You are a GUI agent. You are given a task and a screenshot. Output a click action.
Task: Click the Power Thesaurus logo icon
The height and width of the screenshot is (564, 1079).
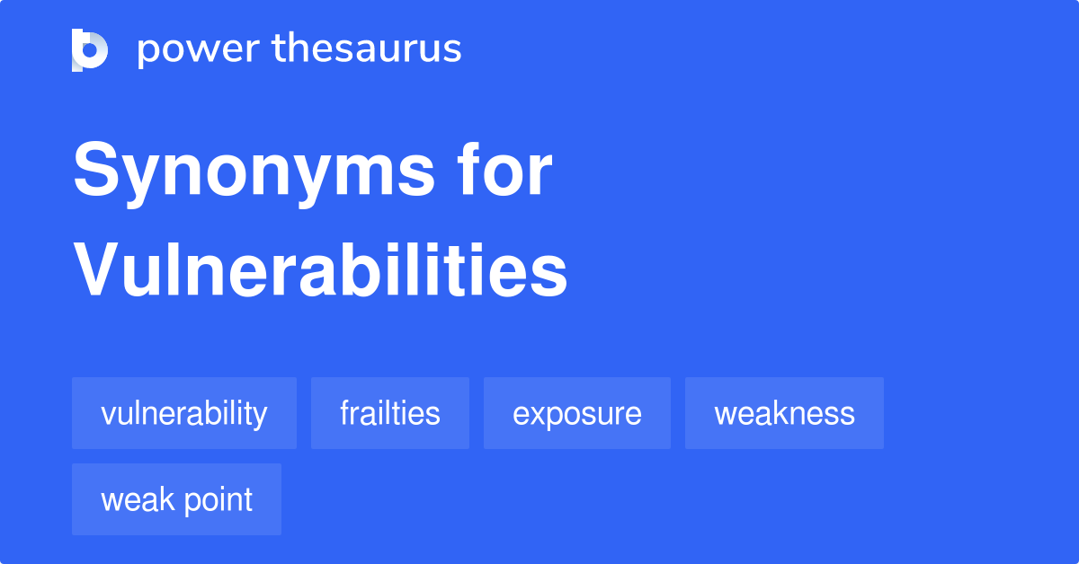(x=90, y=50)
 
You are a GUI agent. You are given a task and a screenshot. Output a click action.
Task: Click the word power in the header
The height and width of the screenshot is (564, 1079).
(x=199, y=50)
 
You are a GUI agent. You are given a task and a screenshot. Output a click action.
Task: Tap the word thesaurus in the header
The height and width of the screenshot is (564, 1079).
(x=367, y=48)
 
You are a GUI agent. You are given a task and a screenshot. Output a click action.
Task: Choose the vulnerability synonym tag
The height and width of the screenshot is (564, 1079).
(x=184, y=413)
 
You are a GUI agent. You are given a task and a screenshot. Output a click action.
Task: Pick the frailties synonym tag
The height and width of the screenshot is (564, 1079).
(x=390, y=413)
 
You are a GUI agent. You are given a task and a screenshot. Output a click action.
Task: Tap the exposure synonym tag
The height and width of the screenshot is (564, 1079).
(x=577, y=413)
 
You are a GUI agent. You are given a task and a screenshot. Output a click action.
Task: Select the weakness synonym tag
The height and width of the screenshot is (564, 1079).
(x=784, y=413)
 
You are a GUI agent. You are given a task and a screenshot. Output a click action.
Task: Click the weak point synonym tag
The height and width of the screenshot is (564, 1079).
(x=176, y=499)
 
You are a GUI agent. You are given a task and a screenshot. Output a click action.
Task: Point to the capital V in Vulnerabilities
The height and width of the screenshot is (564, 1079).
(x=99, y=269)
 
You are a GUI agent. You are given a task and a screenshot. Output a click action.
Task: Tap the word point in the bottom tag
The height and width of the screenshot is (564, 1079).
(x=218, y=500)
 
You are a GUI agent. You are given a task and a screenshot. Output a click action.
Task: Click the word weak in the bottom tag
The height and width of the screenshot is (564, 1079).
(x=138, y=499)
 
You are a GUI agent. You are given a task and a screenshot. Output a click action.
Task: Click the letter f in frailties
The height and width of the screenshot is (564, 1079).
(x=345, y=412)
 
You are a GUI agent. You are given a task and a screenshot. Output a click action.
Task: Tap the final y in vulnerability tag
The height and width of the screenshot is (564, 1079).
(x=261, y=418)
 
